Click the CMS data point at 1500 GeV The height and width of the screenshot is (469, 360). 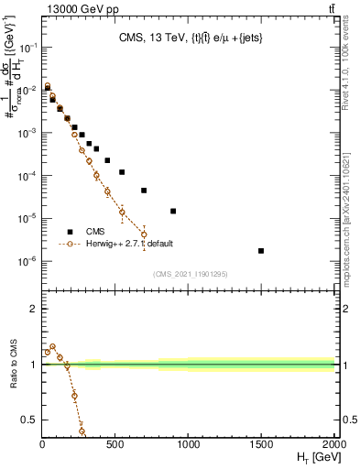tap(261, 251)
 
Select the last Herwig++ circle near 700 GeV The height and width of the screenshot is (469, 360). tap(144, 234)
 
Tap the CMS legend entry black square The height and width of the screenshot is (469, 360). tap(71, 232)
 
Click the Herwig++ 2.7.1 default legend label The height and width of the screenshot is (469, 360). tap(130, 244)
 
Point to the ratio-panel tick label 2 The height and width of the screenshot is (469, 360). tap(34, 309)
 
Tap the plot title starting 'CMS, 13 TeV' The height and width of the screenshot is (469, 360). tap(189, 38)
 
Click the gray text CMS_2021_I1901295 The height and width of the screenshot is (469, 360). tap(189, 274)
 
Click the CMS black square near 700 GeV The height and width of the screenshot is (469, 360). tap(144, 191)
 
